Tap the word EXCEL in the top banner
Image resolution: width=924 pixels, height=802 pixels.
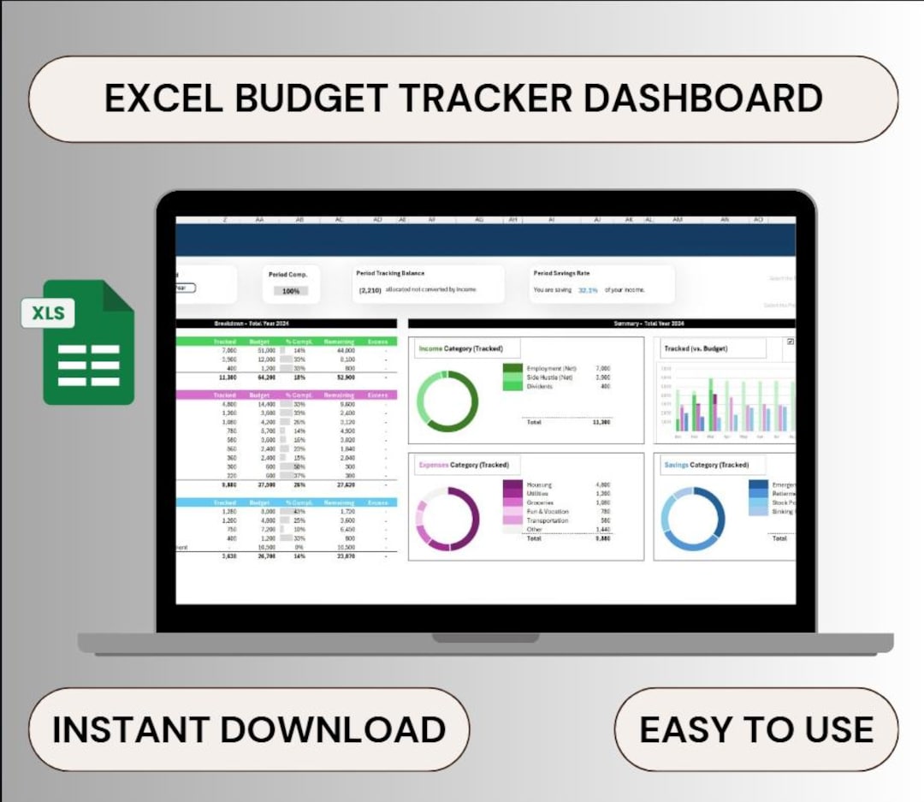[163, 98]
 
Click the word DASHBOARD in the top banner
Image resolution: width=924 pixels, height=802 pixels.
[702, 98]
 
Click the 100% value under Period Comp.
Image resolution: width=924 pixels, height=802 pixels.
[290, 291]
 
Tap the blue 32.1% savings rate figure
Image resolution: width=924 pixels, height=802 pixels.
[588, 290]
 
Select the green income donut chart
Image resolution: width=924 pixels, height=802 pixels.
[447, 401]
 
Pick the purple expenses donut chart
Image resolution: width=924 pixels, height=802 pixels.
[447, 519]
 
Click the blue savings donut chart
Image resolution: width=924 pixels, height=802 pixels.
[694, 519]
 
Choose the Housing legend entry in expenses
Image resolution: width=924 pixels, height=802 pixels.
[539, 484]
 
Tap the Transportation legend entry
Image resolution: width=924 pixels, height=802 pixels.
[547, 520]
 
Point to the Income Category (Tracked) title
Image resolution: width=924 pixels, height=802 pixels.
[460, 348]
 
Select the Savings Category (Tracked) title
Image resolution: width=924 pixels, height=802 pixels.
[706, 465]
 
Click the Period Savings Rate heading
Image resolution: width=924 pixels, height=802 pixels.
[561, 273]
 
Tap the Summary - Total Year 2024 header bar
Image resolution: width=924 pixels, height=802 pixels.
[601, 324]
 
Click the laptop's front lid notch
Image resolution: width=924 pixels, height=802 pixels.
[485, 638]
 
